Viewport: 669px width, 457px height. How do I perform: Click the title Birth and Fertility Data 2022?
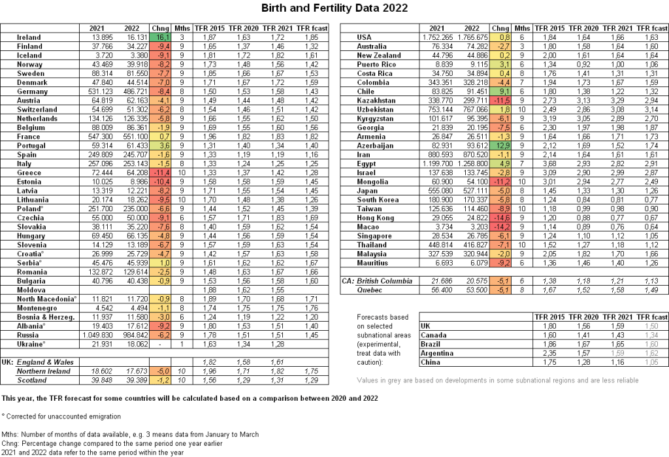click(334, 8)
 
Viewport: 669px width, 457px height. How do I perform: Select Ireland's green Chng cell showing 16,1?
click(159, 38)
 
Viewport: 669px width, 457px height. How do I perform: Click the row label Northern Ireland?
click(44, 370)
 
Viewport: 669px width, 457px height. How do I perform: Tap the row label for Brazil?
click(429, 343)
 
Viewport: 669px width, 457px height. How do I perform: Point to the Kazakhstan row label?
click(376, 101)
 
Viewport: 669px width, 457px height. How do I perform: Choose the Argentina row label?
click(433, 352)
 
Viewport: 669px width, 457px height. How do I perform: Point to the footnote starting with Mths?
click(131, 434)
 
